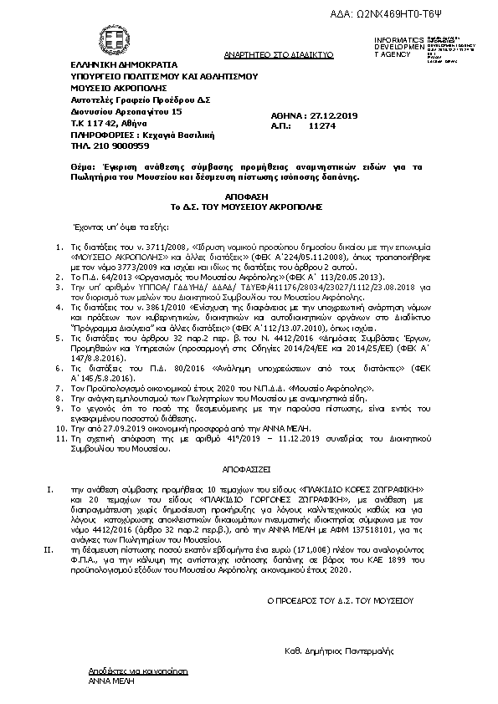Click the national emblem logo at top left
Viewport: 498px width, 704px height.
[90, 38]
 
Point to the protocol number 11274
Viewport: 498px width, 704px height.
[321, 125]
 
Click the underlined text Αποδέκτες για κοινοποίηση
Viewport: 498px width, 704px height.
[138, 671]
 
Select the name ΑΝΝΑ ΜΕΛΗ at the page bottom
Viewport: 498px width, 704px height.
[106, 681]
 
